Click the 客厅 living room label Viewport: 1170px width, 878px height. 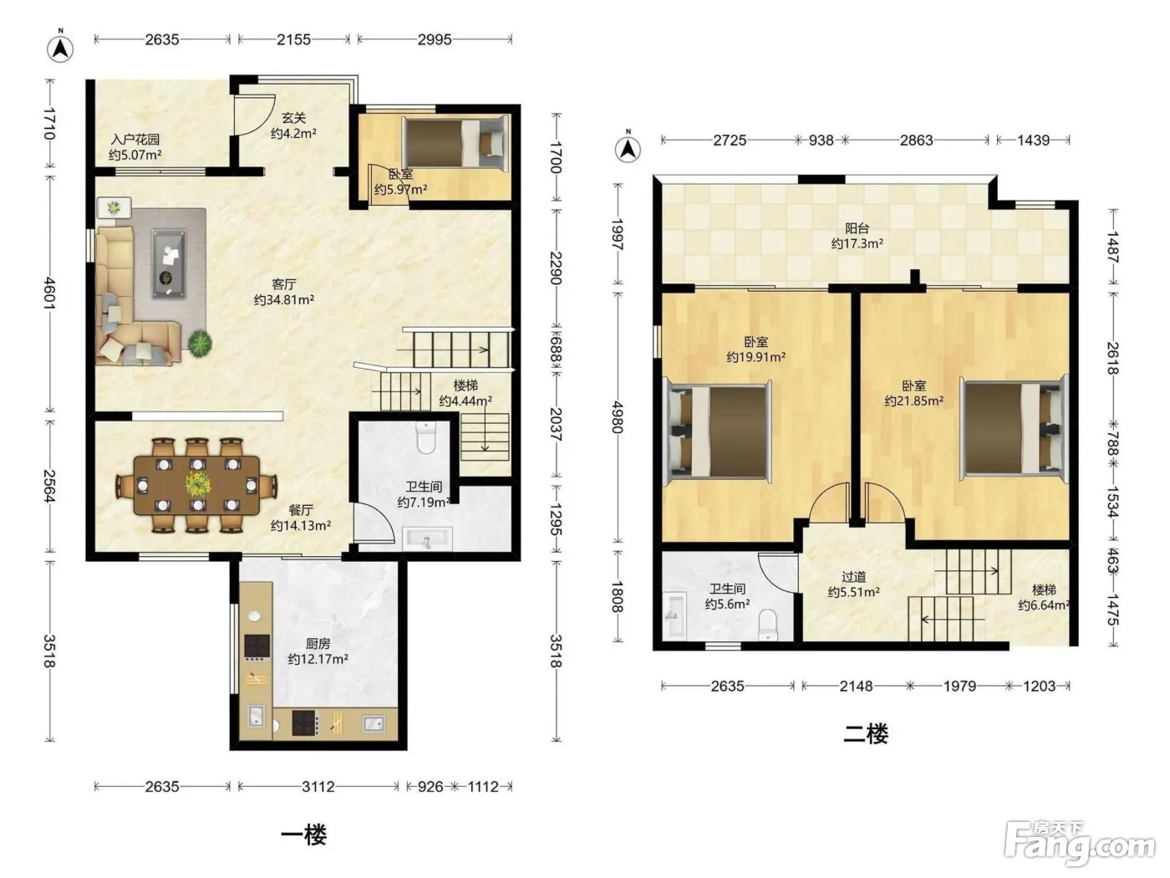(x=283, y=283)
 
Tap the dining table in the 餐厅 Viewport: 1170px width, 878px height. (x=196, y=485)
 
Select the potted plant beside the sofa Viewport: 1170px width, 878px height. (x=200, y=343)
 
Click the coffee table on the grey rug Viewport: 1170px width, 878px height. (x=169, y=263)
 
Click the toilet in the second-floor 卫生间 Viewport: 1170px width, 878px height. (x=767, y=625)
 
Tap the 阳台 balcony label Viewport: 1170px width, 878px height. (x=857, y=228)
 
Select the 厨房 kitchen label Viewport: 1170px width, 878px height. (x=318, y=644)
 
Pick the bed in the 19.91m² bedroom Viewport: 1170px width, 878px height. (x=717, y=431)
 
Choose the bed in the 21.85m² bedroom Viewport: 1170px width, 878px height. (x=1014, y=430)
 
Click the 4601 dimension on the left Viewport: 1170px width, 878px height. (x=49, y=294)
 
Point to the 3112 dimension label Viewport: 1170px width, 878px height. (x=318, y=786)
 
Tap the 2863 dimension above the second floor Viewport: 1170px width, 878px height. (x=916, y=140)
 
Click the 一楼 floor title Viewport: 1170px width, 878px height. (x=303, y=835)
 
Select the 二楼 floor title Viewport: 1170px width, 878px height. (x=866, y=734)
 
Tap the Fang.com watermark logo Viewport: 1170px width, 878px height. (x=1079, y=844)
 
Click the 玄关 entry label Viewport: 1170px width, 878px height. (x=293, y=118)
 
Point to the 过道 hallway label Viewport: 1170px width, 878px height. (x=853, y=577)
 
